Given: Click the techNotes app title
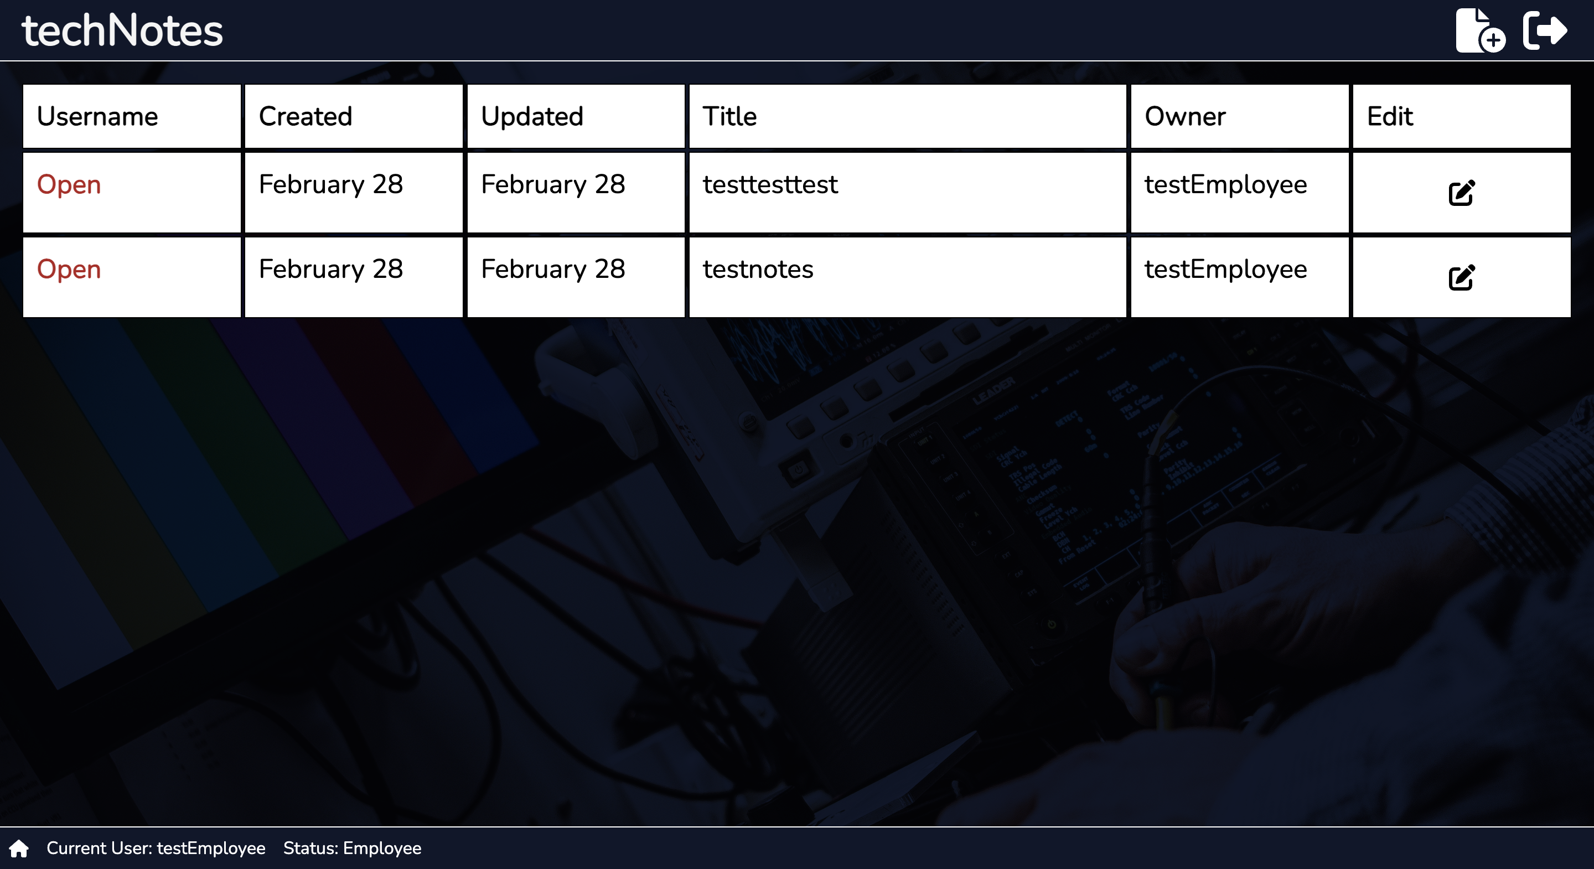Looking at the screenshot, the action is click(122, 30).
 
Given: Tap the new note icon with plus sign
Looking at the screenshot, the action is click(1480, 30).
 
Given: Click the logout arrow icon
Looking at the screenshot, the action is click(1545, 30).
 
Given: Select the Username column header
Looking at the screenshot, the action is click(97, 116).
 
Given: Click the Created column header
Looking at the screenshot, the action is click(306, 116).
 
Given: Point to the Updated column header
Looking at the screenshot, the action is click(532, 116).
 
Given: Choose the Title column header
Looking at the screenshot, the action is click(729, 116).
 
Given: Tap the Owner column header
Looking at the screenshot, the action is click(1185, 116).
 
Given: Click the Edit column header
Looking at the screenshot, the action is click(1390, 116).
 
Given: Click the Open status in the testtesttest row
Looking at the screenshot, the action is click(69, 184).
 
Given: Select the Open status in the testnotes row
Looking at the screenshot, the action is click(69, 269).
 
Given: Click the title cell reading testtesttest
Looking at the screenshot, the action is click(770, 184).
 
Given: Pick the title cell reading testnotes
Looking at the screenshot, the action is click(758, 269).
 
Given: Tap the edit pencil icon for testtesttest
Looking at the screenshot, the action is click(1462, 193).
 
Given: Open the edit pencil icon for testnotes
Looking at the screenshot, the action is click(1462, 277).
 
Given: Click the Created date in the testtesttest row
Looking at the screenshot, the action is click(331, 184).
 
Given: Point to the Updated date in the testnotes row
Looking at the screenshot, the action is click(553, 269).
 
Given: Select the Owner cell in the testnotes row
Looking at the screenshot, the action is click(1226, 269).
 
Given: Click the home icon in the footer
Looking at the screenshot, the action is click(19, 849).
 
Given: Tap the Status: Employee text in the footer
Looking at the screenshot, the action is click(352, 849).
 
